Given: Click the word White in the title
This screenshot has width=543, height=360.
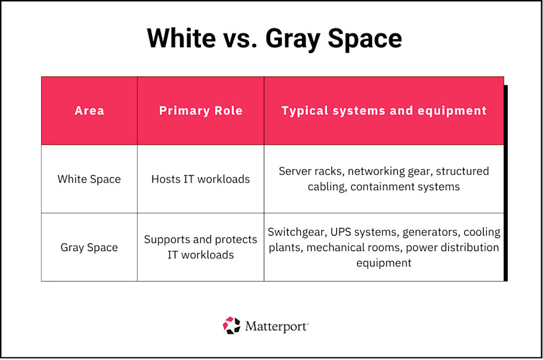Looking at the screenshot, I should tap(182, 38).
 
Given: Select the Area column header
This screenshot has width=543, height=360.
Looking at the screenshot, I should tap(89, 111).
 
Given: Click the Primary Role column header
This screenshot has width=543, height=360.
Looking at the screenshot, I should tap(200, 111).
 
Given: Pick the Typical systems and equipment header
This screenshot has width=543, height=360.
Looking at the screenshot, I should tap(384, 111).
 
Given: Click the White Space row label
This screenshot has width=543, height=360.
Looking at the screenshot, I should tap(89, 179).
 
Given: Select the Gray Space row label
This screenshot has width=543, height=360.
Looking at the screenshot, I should tap(89, 247).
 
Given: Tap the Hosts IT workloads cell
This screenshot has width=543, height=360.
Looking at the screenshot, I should tap(200, 179).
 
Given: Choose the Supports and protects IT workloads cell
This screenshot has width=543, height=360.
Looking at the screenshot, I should tap(200, 247).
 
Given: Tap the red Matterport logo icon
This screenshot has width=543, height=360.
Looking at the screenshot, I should tap(231, 326).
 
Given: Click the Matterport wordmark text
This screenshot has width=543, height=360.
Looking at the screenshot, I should tap(276, 327).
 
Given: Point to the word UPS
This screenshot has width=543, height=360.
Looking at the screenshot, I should tap(348, 231).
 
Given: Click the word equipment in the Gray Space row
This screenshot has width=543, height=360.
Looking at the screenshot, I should tap(384, 263).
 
